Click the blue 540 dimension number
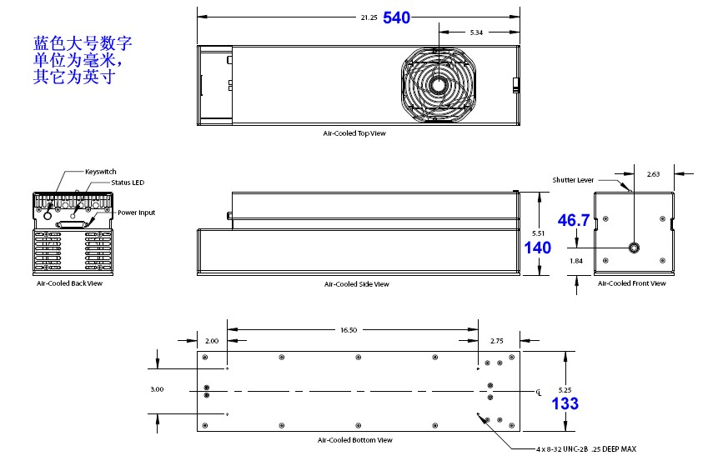tap(397, 18)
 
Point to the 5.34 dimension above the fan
tap(476, 32)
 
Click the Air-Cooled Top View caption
tap(354, 133)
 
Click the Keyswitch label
tap(100, 172)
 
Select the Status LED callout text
tap(128, 182)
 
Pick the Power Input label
tap(135, 213)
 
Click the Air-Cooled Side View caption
tap(356, 284)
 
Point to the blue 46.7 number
tap(574, 220)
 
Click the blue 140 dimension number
tap(538, 248)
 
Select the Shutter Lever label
tap(572, 179)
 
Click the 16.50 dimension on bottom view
tap(348, 330)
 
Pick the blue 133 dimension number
tap(565, 403)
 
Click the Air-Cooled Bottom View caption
tap(354, 440)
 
